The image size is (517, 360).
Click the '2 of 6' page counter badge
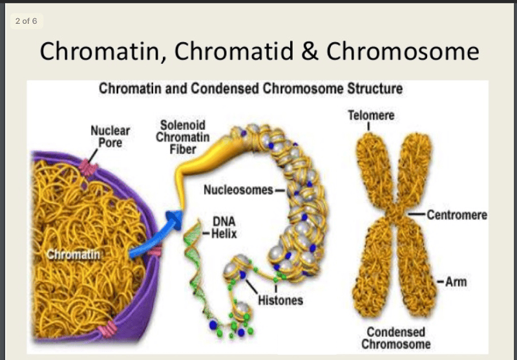click(x=26, y=21)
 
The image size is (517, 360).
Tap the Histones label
click(x=280, y=301)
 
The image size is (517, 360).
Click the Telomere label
click(x=370, y=116)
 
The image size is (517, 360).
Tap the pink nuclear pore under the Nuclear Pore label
click(x=89, y=170)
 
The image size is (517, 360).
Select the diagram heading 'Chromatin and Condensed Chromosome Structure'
click(x=250, y=89)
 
